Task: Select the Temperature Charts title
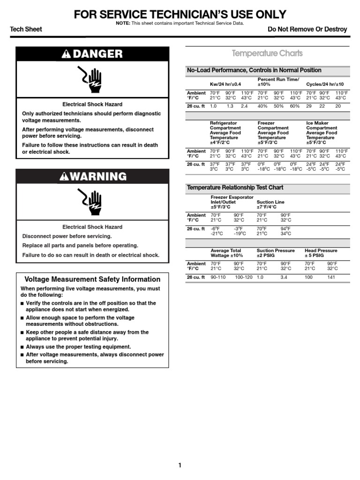tap(268, 53)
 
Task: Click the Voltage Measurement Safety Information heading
tap(92, 279)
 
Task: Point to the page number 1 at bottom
tap(180, 465)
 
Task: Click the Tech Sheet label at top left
tap(26, 29)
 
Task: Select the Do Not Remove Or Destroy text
tap(307, 29)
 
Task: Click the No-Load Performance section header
tap(254, 70)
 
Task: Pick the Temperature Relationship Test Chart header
tap(235, 187)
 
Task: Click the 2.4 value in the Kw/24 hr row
tap(244, 106)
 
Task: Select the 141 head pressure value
tap(332, 277)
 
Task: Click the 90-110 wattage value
tap(218, 277)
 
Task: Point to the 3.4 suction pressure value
tap(284, 277)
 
